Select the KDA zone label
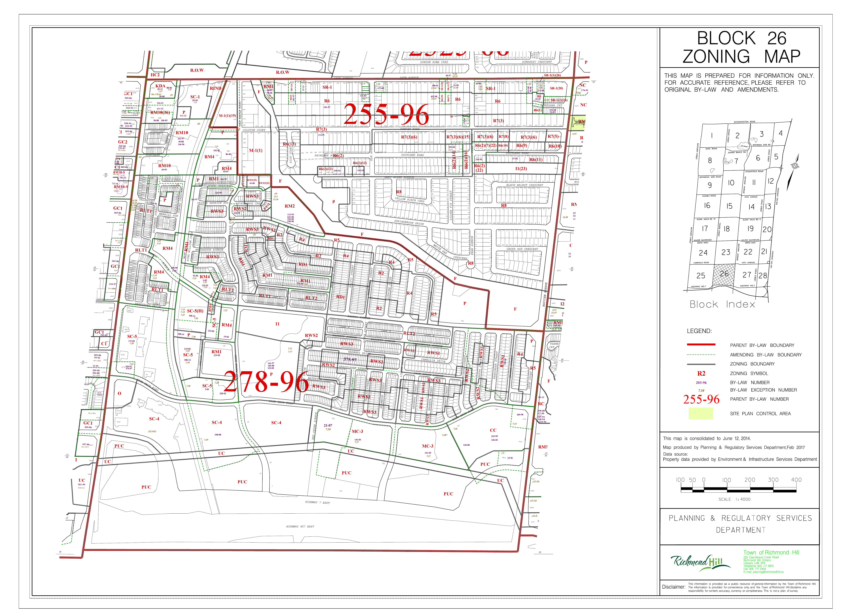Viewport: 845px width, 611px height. click(160, 86)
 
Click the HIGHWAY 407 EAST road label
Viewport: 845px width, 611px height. click(300, 527)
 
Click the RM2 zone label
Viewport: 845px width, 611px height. click(289, 206)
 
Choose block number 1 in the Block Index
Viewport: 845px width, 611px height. click(712, 136)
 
